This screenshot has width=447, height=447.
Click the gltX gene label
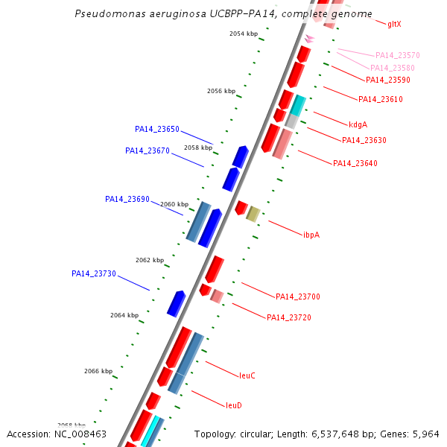394,25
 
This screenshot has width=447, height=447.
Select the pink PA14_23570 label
398,55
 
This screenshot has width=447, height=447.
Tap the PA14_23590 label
388,80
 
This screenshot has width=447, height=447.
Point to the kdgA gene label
358,124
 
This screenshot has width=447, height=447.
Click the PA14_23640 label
355,163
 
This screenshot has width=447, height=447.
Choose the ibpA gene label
311,235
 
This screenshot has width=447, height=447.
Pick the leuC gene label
247,375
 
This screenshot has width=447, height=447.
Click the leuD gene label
234,405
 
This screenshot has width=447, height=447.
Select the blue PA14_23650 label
157,129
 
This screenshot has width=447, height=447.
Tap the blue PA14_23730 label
94,273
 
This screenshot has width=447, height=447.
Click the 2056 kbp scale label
221,91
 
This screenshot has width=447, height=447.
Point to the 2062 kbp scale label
150,260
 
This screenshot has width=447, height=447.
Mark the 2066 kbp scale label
98,371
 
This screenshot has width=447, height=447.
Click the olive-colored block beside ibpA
253,215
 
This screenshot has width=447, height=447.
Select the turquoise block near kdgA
298,106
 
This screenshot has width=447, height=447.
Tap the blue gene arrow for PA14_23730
176,304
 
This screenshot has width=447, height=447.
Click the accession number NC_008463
80,434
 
